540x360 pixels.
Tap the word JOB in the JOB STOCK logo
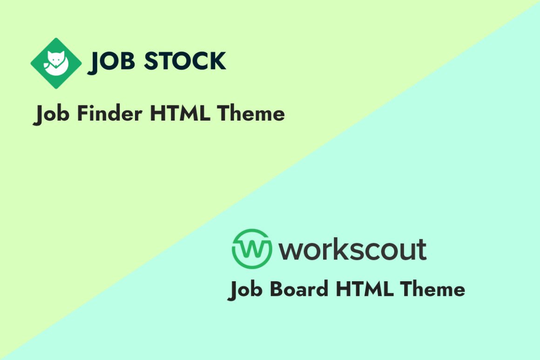click(109, 62)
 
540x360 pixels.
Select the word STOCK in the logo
click(185, 61)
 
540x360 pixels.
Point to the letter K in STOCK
click(216, 61)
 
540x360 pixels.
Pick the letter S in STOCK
click(152, 61)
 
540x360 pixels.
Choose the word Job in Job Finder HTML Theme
click(52, 115)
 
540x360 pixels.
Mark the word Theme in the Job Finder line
click(251, 114)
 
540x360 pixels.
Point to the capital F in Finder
click(82, 114)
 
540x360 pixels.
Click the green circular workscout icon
click(251, 249)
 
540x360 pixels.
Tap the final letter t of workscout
click(421, 249)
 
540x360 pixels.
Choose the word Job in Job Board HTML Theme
click(245, 290)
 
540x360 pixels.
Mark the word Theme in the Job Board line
click(432, 289)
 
